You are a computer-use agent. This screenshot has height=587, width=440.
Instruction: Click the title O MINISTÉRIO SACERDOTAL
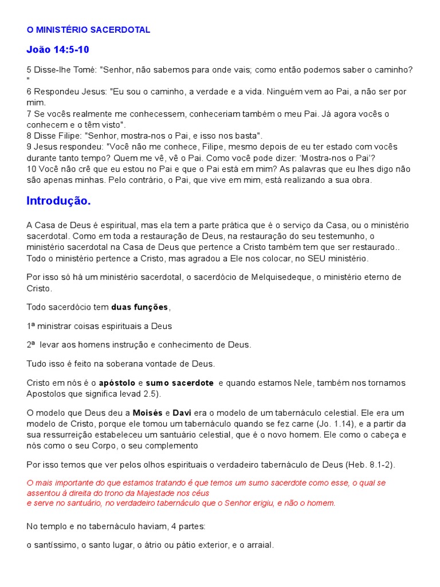[89, 30]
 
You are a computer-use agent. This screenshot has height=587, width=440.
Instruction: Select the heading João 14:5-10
[58, 49]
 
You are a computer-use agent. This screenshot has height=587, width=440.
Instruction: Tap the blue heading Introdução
[58, 201]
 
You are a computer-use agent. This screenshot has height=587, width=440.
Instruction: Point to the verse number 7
[29, 114]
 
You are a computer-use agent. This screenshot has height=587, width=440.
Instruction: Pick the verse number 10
[32, 169]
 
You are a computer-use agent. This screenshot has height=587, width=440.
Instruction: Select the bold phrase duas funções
[140, 307]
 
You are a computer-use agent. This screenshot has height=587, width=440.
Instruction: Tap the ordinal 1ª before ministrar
[31, 326]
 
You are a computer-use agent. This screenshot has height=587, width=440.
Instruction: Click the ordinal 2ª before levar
[31, 345]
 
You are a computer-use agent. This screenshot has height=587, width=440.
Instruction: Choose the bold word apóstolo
[117, 382]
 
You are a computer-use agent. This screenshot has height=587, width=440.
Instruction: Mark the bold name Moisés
[148, 413]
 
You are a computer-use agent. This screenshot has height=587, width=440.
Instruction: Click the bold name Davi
[182, 413]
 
